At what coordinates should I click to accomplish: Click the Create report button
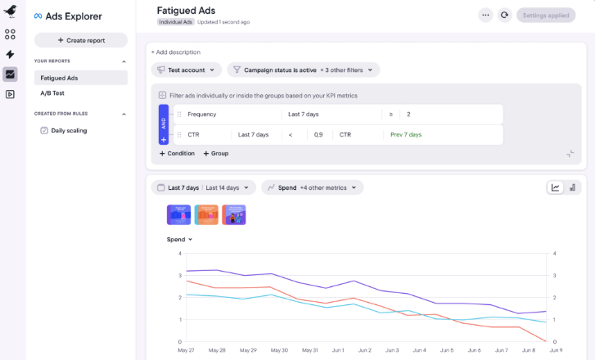(80, 40)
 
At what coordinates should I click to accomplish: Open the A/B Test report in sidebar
(52, 92)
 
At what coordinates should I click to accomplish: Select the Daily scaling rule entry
(69, 130)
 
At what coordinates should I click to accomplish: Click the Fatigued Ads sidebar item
(59, 78)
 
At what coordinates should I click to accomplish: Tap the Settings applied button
(546, 15)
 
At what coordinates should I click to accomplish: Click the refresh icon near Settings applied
(505, 15)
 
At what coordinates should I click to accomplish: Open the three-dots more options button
(485, 15)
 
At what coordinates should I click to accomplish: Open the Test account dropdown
(187, 70)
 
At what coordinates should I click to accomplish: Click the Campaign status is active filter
(303, 70)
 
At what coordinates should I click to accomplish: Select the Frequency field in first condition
(202, 115)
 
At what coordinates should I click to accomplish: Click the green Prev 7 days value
(406, 134)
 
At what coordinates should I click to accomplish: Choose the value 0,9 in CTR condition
(318, 134)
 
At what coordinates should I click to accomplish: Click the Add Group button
(216, 153)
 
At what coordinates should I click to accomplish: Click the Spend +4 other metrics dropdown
(312, 187)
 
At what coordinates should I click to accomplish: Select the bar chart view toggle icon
(572, 187)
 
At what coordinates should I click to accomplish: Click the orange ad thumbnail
(206, 214)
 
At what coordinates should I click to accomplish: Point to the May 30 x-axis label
(279, 350)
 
